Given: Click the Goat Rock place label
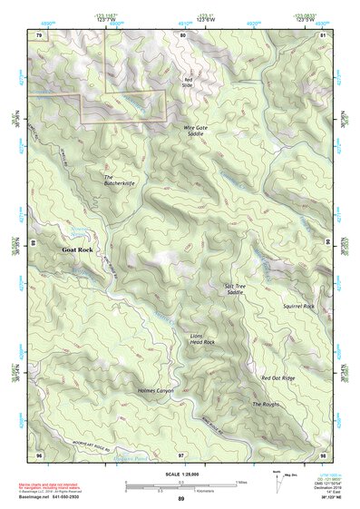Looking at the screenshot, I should tap(77, 249).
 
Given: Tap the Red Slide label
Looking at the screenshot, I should tap(189, 83).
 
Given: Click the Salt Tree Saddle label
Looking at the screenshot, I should tap(235, 289).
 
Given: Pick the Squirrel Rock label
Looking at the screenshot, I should tap(297, 307).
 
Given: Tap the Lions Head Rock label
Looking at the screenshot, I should tap(202, 338).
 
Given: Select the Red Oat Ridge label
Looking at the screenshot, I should tap(277, 377).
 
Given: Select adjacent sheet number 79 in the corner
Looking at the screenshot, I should tap(39, 34).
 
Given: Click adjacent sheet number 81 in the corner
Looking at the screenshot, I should tap(323, 34).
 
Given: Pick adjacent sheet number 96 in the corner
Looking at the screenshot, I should tap(39, 453).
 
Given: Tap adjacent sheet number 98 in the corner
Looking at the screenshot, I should tap(323, 453).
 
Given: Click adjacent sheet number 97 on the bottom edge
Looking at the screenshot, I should tap(181, 453).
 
